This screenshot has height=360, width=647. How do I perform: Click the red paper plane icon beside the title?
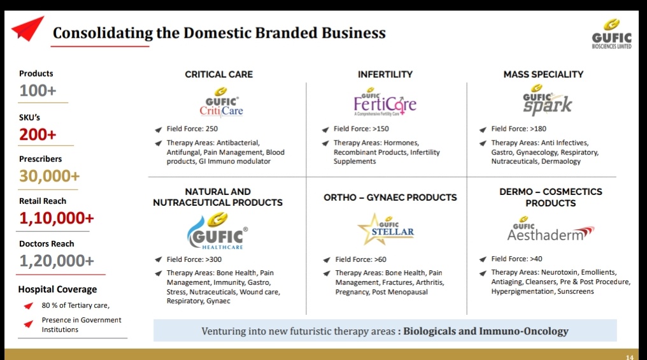point(27,29)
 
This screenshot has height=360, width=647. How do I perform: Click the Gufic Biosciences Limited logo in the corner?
point(611,34)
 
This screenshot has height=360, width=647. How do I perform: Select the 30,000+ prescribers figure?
point(49,176)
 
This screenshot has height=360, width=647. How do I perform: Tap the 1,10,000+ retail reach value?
point(57,218)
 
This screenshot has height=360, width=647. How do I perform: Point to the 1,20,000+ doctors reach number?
point(57,261)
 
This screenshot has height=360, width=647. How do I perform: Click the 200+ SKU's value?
point(38,134)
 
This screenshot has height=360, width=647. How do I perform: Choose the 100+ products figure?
point(38,90)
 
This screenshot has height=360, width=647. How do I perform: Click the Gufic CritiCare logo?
point(221,103)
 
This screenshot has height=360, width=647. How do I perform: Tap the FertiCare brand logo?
point(385,102)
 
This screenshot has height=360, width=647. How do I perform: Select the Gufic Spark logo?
point(547,100)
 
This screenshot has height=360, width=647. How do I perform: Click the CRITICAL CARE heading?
point(218,74)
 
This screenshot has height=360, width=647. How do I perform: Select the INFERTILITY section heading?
point(385,74)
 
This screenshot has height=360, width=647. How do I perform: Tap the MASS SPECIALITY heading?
point(543,74)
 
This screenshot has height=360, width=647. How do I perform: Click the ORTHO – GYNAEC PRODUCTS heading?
point(390,197)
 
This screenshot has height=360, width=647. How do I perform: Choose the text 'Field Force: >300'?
point(194,259)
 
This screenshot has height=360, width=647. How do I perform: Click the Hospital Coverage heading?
point(57,289)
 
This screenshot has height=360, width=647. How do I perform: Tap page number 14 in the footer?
point(629,357)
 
